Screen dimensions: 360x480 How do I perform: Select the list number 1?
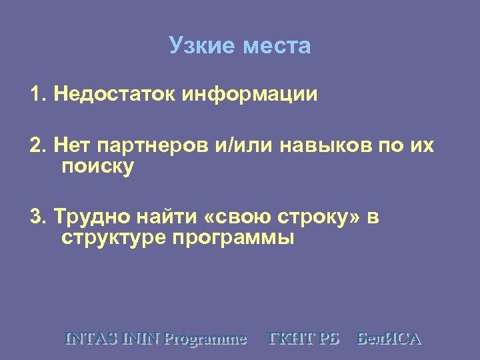pos(37,94)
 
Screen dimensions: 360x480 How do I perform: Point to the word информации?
pos(253,94)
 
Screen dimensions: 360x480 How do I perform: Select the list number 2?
pos(37,145)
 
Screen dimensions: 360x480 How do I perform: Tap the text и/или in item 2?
pos(244,145)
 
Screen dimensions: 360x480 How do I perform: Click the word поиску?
pos(97,166)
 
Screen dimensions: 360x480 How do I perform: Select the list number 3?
pos(37,217)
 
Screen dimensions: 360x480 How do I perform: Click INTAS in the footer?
pos(91,339)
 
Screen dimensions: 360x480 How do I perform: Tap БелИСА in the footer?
pos(390,339)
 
